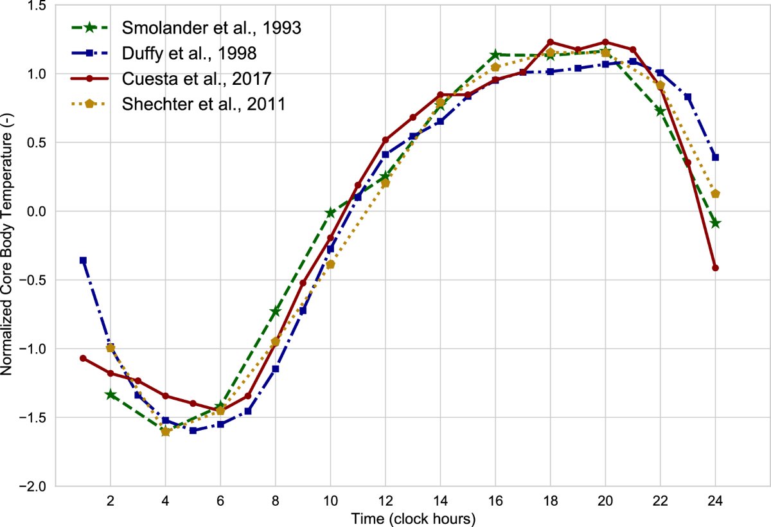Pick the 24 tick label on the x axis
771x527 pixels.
coord(715,501)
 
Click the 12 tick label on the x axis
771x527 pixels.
coord(385,501)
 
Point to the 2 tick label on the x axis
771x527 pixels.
coord(111,501)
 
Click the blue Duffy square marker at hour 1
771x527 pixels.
coord(83,260)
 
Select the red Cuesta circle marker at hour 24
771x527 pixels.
coord(715,268)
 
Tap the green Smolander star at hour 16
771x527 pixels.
coord(495,55)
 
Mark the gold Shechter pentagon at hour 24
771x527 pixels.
coord(715,194)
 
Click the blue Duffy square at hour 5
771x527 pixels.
coord(193,431)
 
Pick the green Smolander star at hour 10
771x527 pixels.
coord(330,213)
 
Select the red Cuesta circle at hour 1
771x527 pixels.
coord(83,358)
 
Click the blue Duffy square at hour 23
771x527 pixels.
coord(687,97)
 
